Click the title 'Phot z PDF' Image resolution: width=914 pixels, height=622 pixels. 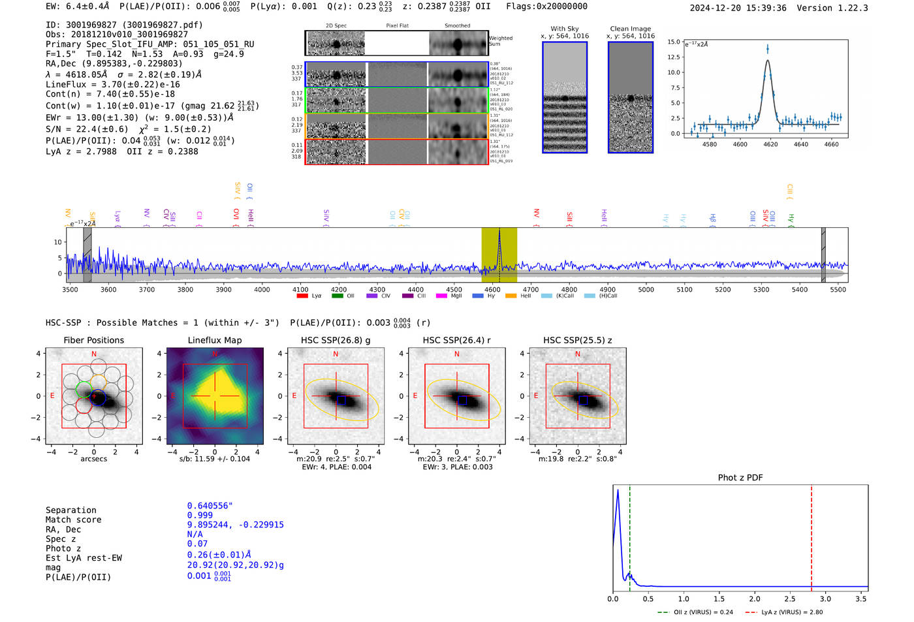740,478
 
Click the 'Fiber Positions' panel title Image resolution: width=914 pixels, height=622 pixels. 93,340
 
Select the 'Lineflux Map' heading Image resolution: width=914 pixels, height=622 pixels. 214,340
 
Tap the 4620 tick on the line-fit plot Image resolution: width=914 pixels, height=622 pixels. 770,144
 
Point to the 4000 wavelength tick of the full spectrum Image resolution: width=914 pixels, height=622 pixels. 262,289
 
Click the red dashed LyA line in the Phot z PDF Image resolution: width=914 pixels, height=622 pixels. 812,535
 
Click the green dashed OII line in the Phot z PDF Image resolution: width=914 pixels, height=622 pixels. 630,535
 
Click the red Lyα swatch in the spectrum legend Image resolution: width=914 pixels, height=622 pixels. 302,296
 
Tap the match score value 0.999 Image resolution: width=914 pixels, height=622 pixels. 200,516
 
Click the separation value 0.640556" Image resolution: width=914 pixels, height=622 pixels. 210,506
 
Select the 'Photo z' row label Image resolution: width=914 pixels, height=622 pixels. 63,548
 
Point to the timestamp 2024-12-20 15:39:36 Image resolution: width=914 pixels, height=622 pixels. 738,8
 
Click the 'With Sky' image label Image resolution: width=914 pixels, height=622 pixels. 564,29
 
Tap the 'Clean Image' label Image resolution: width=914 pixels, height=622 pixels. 630,29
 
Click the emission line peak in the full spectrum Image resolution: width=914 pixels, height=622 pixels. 499,232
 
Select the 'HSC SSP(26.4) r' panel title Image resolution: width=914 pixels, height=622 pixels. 456,340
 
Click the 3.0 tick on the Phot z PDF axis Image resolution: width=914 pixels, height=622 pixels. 825,599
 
